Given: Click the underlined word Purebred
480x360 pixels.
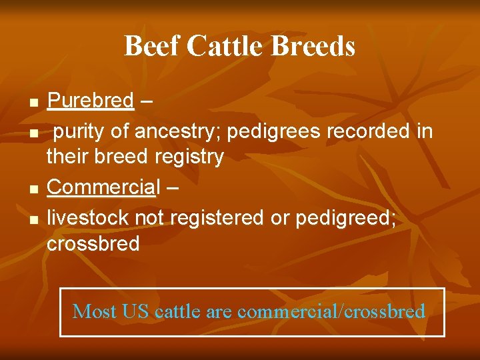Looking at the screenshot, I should (x=91, y=101).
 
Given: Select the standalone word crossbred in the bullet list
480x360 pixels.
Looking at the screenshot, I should (x=93, y=243).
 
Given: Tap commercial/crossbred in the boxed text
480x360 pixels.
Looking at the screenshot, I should (x=331, y=311).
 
